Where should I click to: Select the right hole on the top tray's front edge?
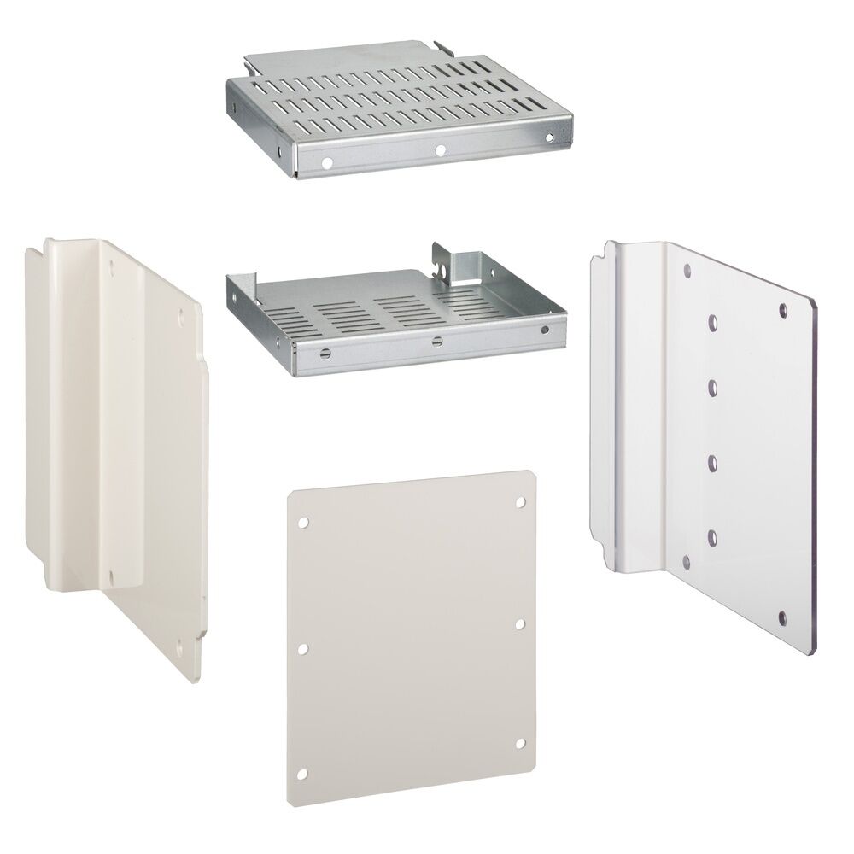click(547, 138)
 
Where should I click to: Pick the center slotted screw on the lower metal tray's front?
click(436, 342)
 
